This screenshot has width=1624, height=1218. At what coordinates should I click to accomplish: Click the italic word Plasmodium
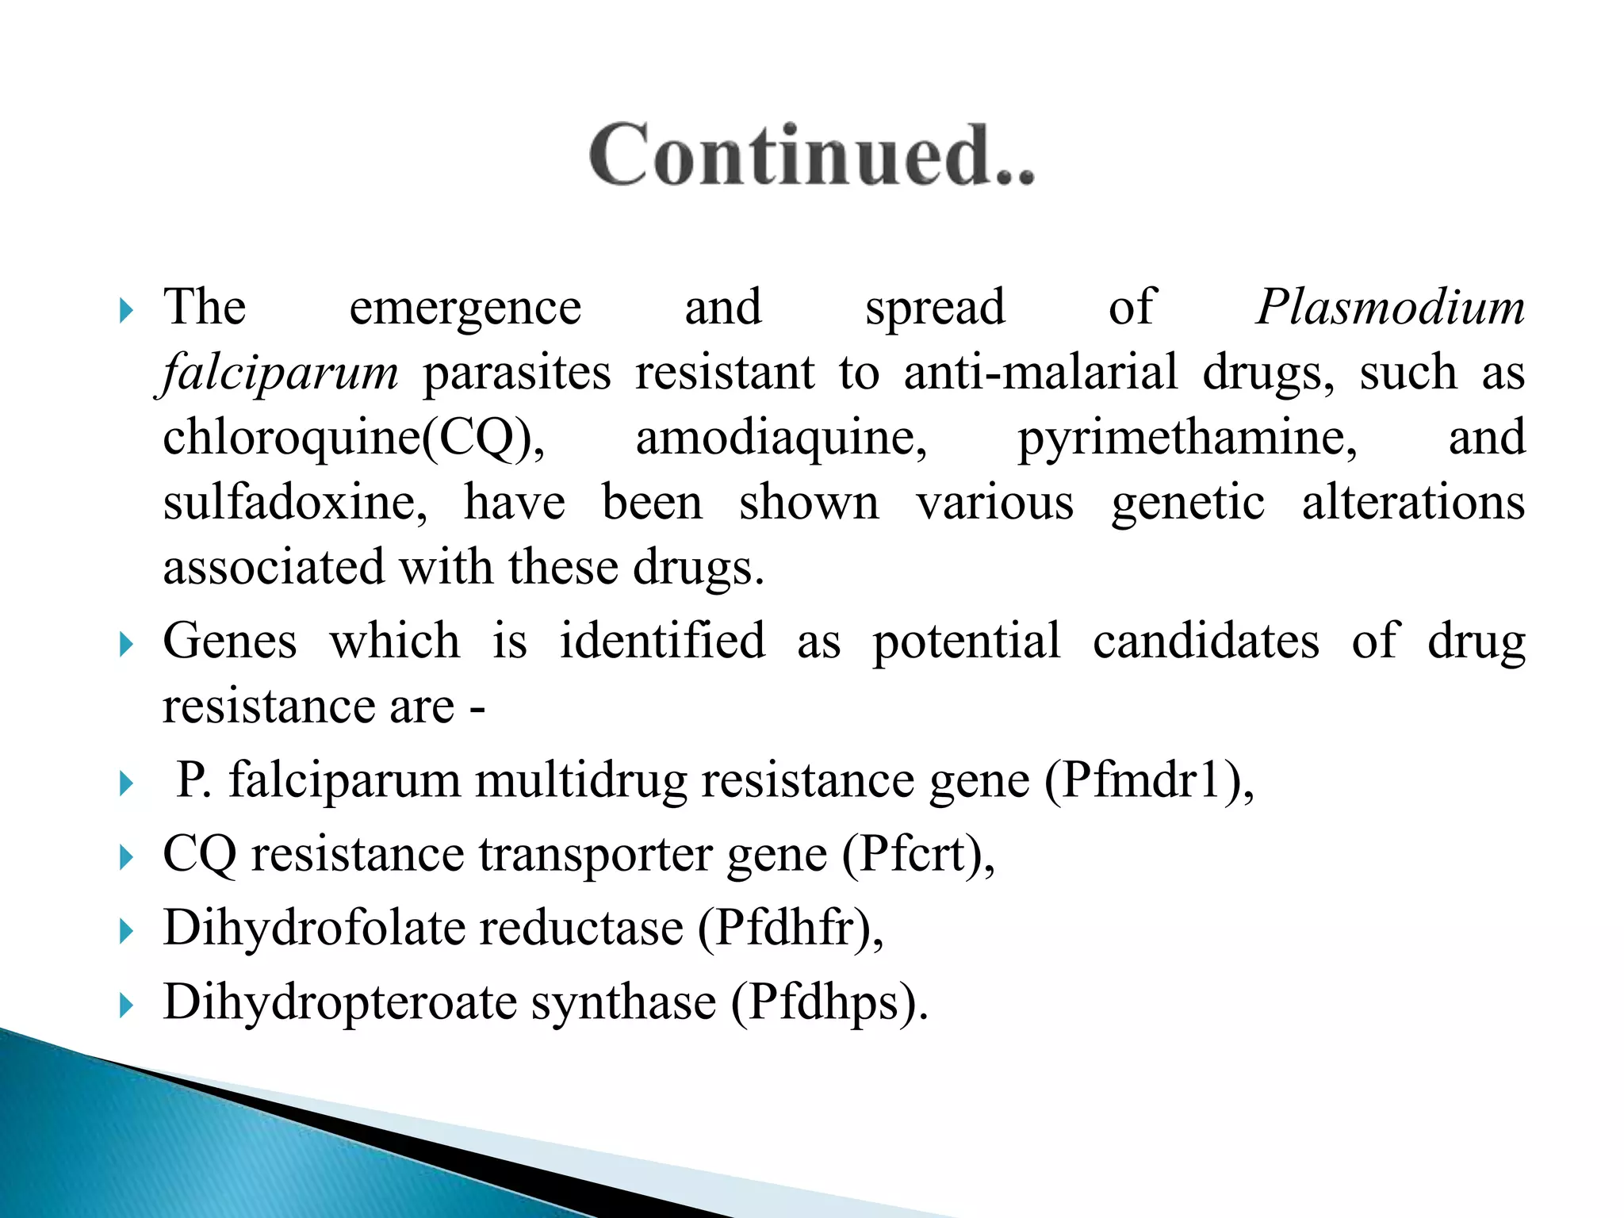(x=1390, y=307)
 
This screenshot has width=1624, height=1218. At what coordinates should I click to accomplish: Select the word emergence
(x=465, y=308)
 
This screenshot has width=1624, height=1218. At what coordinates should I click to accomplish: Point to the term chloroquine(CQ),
(x=354, y=438)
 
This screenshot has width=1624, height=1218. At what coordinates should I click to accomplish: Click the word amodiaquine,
(x=781, y=438)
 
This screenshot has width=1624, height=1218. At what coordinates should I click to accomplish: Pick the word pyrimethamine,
(x=1187, y=438)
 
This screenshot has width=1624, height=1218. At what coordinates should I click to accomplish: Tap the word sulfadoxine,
(x=295, y=503)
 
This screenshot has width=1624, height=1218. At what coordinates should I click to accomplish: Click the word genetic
(x=1187, y=503)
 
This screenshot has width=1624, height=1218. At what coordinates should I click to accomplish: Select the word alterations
(x=1413, y=503)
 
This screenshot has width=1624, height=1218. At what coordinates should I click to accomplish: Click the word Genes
(x=230, y=641)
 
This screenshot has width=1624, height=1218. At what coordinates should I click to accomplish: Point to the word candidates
(x=1206, y=641)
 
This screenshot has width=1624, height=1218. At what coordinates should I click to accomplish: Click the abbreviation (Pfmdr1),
(x=1149, y=780)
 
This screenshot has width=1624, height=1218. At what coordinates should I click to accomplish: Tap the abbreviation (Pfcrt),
(x=917, y=855)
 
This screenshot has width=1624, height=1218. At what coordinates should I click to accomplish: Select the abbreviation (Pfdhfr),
(x=791, y=928)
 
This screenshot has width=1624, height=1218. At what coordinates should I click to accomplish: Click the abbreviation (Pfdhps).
(x=829, y=1002)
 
